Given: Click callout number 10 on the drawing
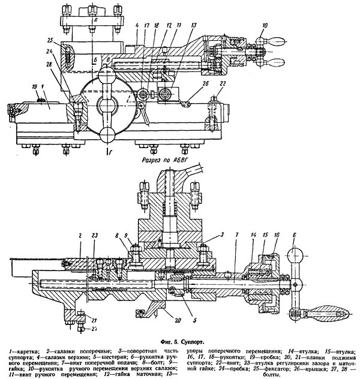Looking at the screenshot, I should tap(265, 26).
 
